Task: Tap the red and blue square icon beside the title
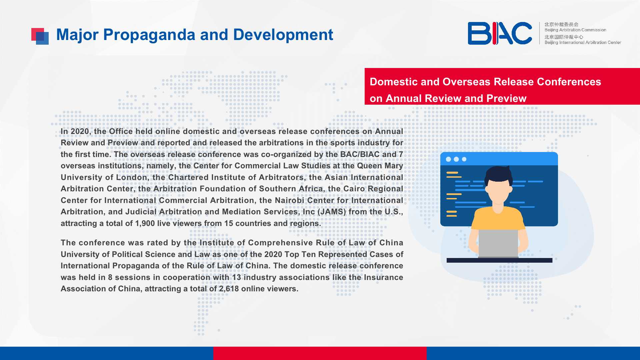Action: (x=40, y=36)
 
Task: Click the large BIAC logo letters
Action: (x=500, y=33)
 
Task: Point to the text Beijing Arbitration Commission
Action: (x=575, y=30)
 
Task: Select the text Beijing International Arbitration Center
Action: (x=583, y=42)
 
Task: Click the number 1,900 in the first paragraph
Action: (x=145, y=223)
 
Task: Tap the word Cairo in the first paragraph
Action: (x=354, y=189)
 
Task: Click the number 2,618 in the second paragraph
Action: (x=229, y=289)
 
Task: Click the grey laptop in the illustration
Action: (x=498, y=244)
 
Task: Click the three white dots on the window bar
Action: (x=456, y=159)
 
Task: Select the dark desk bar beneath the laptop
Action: (x=499, y=260)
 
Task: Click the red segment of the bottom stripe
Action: (x=320, y=353)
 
